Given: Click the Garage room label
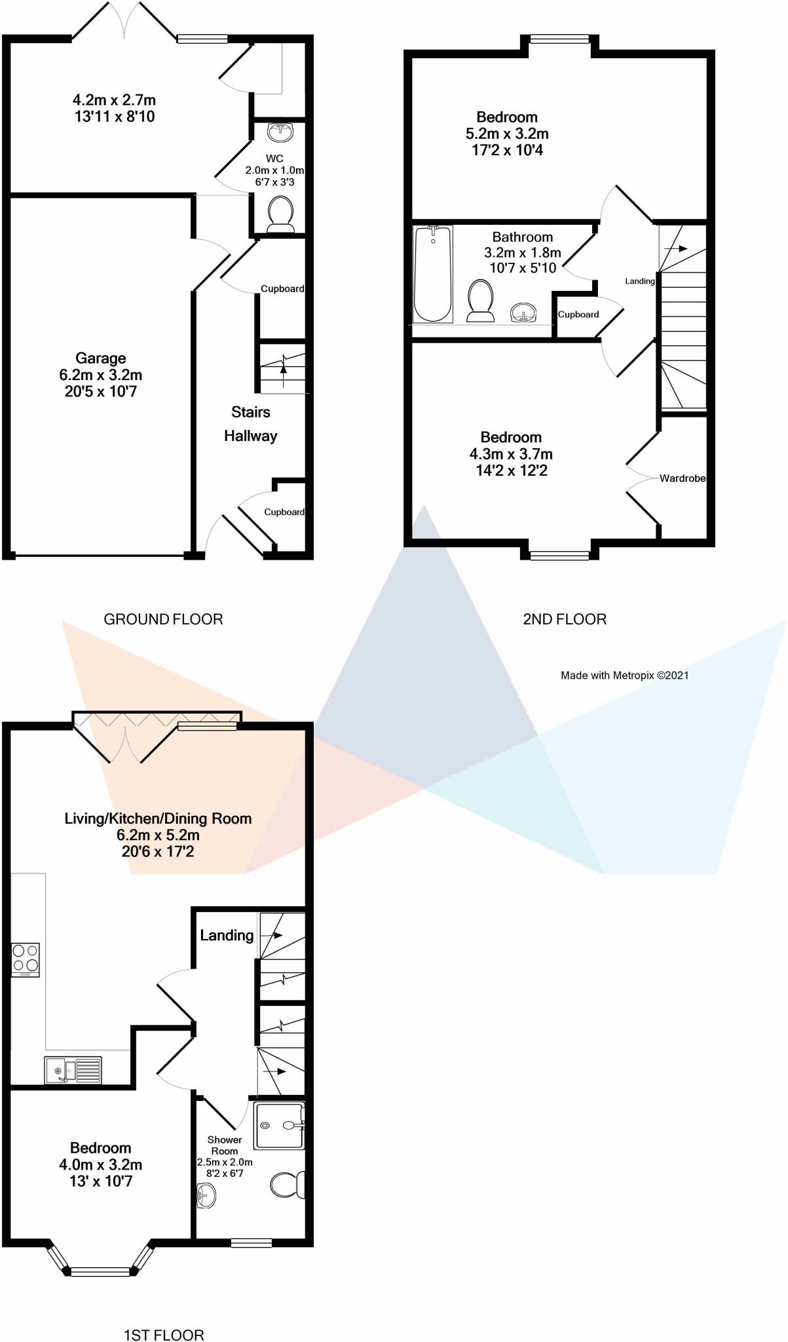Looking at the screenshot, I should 100,358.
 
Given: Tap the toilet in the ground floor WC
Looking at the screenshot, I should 281,215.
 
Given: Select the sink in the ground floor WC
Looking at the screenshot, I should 281,133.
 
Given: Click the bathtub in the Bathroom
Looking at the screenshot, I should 433,273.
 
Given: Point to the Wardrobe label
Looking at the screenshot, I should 682,478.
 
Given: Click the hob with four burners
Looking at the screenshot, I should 26,959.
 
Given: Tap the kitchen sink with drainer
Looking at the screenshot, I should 73,1070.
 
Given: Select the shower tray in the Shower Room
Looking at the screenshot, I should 279,1126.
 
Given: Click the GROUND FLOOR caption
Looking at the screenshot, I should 163,619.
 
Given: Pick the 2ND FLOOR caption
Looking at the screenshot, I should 564,619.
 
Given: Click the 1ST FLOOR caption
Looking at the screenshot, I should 164,1335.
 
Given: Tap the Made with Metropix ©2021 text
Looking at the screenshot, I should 624,675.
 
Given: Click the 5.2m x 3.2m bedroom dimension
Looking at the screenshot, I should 507,134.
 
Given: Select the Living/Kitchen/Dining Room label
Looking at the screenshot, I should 158,818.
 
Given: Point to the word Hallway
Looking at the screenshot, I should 250,436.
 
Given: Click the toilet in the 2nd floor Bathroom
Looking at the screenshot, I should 481,301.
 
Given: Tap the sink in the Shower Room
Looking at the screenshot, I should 205,1197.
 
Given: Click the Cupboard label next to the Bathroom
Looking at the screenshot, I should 578,315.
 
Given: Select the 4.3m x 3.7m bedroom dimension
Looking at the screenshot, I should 511,454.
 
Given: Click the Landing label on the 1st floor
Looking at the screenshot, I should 227,935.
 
